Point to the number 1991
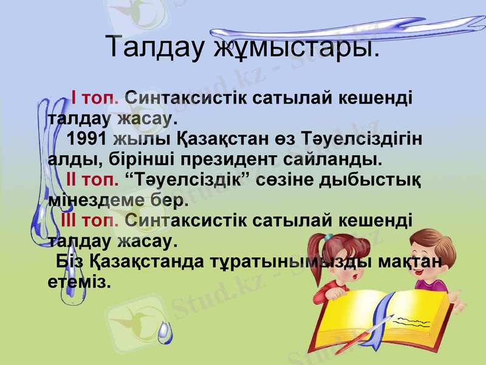88,139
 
